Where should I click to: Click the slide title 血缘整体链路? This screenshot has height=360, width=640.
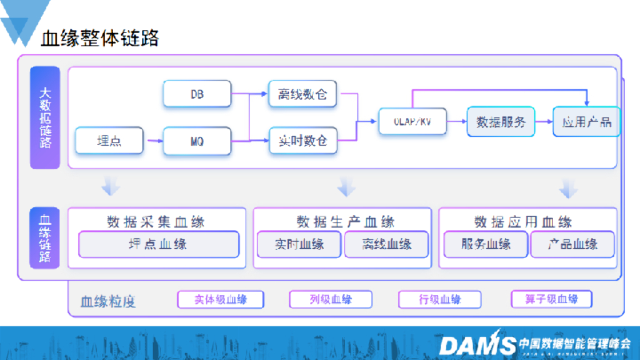pyautogui.click(x=100, y=39)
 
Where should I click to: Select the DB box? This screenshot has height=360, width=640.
pyautogui.click(x=197, y=94)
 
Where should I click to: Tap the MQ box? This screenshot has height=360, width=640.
pyautogui.click(x=197, y=141)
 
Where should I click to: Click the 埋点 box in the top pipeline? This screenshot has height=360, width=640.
pyautogui.click(x=109, y=141)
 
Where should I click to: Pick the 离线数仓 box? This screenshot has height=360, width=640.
pyautogui.click(x=302, y=94)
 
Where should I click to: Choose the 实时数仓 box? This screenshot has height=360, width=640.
pyautogui.click(x=302, y=141)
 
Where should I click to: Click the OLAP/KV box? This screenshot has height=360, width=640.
pyautogui.click(x=413, y=121)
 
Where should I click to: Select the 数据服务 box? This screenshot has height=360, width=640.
pyautogui.click(x=501, y=122)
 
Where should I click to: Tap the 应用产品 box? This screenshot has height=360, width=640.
pyautogui.click(x=586, y=122)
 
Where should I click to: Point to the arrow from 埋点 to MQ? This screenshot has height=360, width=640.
pyautogui.click(x=153, y=142)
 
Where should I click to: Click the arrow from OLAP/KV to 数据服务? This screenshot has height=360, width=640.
pyautogui.click(x=457, y=122)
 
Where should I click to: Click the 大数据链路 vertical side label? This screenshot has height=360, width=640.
pyautogui.click(x=45, y=117)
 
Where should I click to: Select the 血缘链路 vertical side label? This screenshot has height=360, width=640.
pyautogui.click(x=45, y=238)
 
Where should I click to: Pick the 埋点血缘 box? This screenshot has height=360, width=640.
pyautogui.click(x=158, y=244)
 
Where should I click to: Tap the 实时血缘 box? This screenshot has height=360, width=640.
pyautogui.click(x=299, y=244)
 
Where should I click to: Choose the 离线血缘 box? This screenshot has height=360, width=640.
pyautogui.click(x=386, y=244)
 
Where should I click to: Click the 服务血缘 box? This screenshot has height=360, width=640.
pyautogui.click(x=486, y=244)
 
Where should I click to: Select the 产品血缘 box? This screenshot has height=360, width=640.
pyautogui.click(x=572, y=244)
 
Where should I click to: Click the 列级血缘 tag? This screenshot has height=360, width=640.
pyautogui.click(x=331, y=299)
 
